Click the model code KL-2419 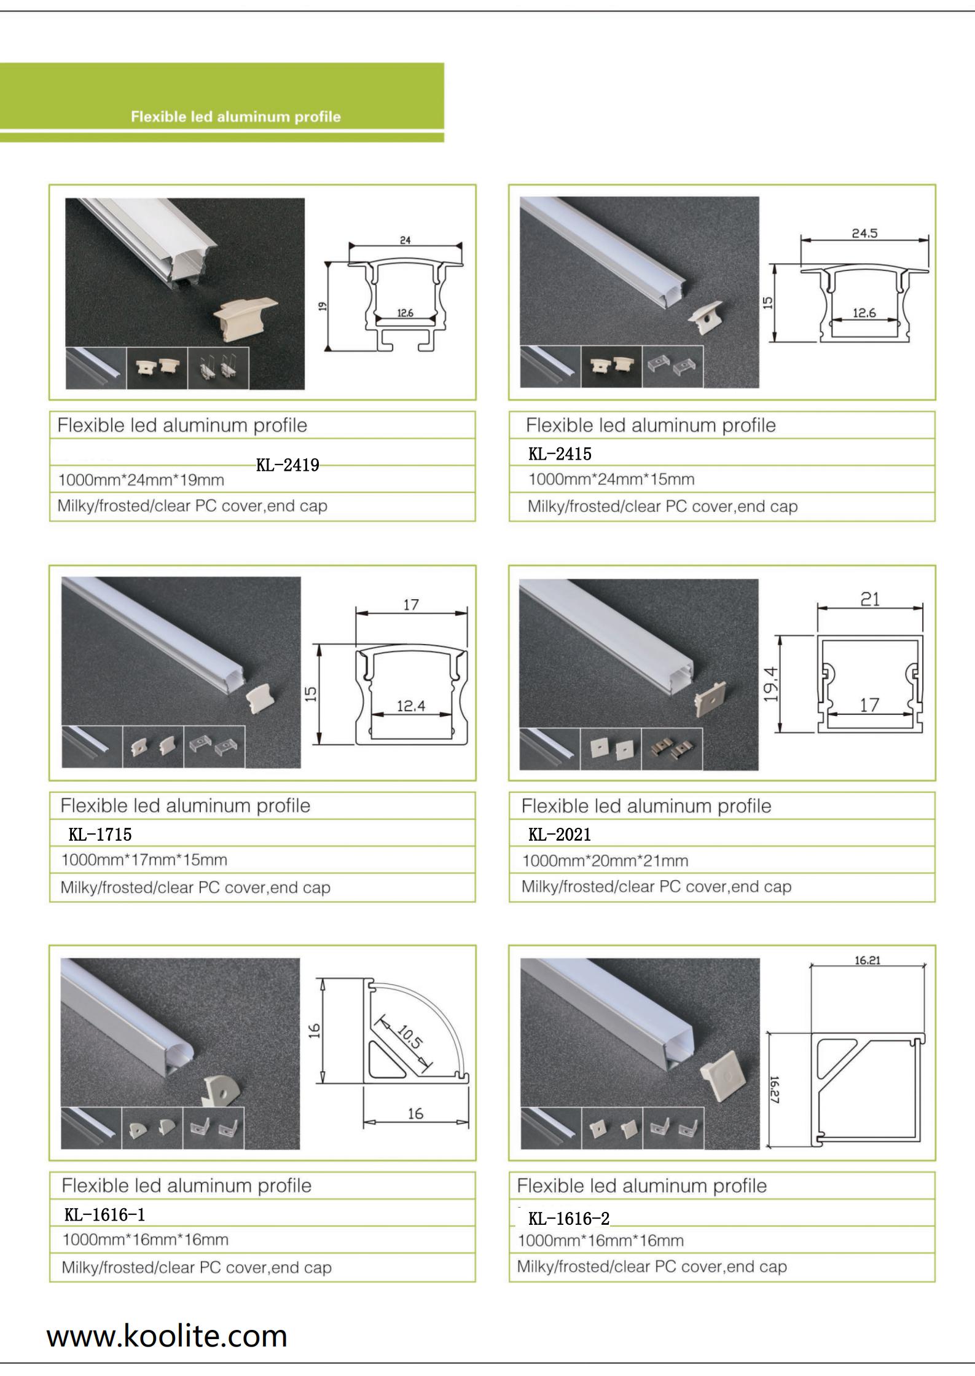[288, 465]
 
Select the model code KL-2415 [560, 454]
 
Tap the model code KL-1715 [100, 834]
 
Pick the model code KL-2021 [560, 835]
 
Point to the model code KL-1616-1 [105, 1214]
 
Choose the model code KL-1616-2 [569, 1218]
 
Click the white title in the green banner [235, 117]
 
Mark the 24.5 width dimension [864, 234]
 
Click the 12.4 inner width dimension [410, 706]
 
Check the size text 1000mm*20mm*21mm [605, 861]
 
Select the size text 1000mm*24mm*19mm [141, 479]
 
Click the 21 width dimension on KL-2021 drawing [869, 598]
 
